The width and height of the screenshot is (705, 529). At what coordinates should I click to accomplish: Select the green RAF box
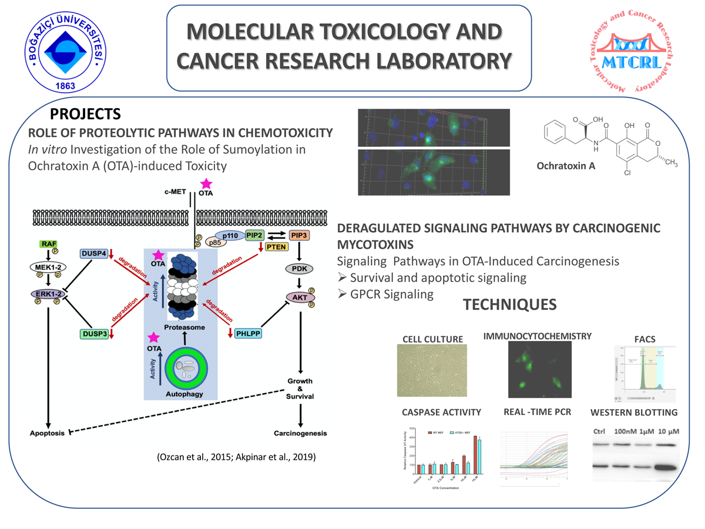(48, 244)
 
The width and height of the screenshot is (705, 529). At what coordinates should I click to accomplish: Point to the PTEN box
(276, 247)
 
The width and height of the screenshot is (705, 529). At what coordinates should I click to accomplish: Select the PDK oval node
(300, 269)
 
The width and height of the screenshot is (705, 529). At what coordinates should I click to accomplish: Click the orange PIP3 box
(300, 235)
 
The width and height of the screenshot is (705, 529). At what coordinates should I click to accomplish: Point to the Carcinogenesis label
(300, 434)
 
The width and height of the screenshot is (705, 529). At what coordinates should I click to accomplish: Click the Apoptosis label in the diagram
(48, 434)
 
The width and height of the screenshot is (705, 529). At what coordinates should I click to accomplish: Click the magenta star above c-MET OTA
(206, 184)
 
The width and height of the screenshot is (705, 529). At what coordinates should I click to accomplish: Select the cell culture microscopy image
(432, 371)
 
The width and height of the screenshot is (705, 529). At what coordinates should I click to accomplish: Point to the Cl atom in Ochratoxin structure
(627, 190)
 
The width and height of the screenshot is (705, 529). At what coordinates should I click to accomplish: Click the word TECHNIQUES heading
(509, 304)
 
